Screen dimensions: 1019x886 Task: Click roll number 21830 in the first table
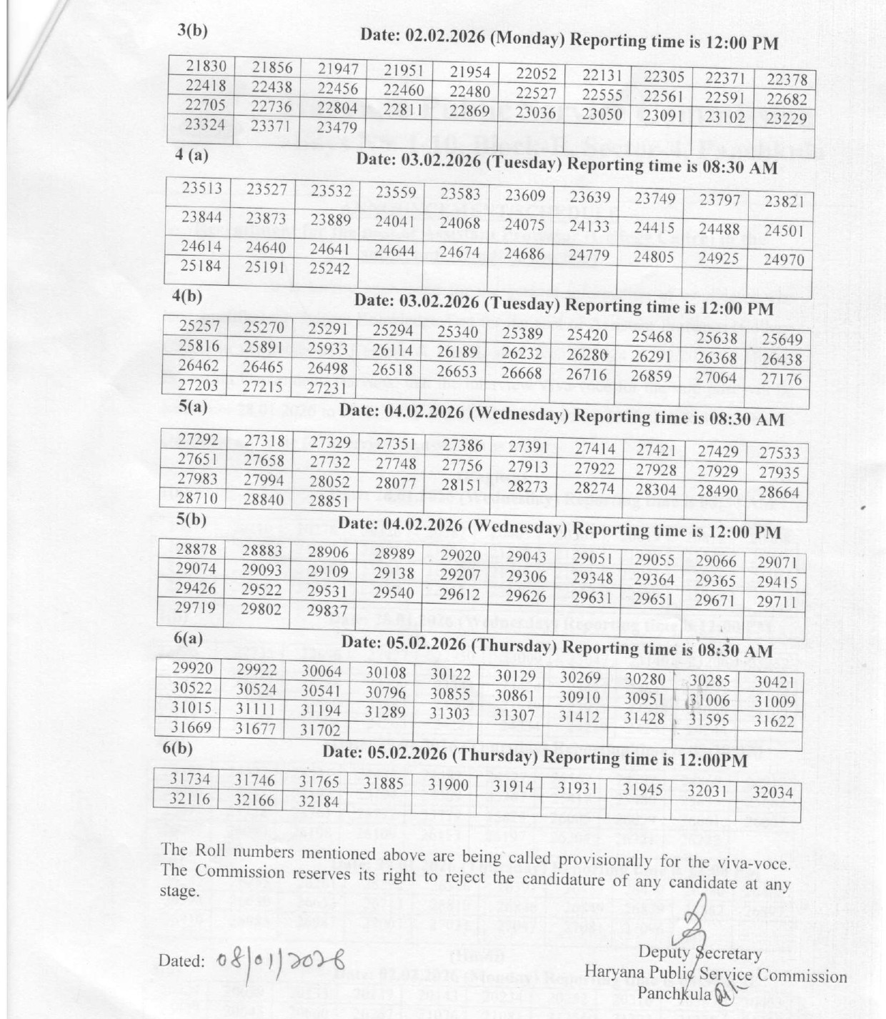click(x=206, y=66)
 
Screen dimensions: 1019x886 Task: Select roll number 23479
click(x=336, y=128)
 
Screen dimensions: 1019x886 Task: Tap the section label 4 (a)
click(x=191, y=154)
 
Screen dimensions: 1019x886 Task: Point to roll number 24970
click(x=783, y=260)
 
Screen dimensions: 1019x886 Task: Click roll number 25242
click(x=329, y=269)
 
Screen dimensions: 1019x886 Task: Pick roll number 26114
click(x=392, y=350)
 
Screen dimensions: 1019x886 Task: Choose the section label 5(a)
click(x=192, y=407)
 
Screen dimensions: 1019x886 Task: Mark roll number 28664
click(x=779, y=492)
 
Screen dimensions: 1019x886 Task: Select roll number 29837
click(x=327, y=611)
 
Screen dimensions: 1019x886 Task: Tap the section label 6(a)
click(x=188, y=638)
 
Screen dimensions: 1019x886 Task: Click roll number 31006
click(x=710, y=701)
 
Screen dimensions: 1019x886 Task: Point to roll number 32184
click(x=319, y=802)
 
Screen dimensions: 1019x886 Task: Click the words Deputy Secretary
click(x=700, y=953)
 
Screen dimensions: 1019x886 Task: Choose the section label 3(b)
click(x=192, y=30)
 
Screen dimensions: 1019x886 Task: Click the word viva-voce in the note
click(x=760, y=863)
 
